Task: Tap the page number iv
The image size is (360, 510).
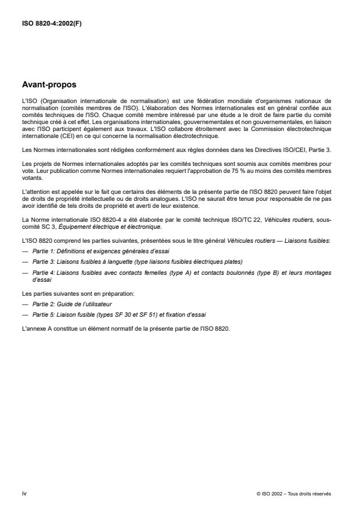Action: point(23,493)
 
